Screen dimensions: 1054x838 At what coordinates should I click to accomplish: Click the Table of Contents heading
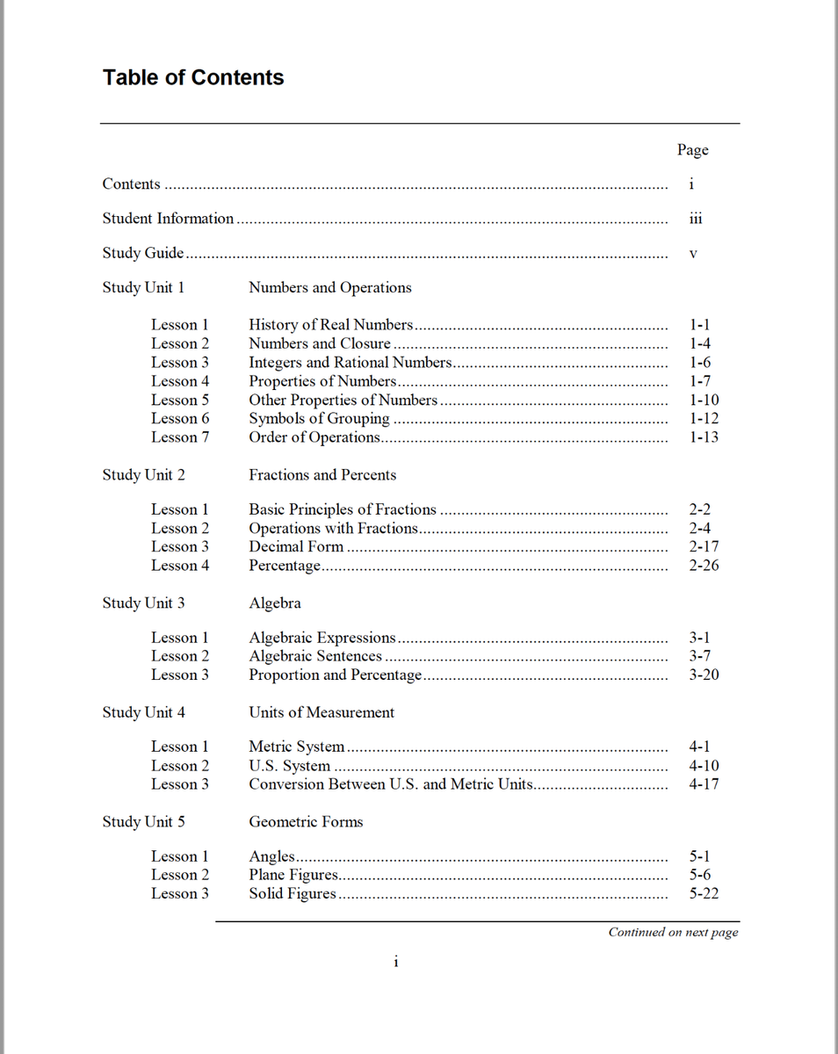click(x=193, y=77)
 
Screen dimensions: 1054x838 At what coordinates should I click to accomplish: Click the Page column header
click(x=692, y=150)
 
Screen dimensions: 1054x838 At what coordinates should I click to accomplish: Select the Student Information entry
click(x=168, y=219)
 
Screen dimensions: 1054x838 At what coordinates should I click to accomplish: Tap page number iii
click(x=696, y=219)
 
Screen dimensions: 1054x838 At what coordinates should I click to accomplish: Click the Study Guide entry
click(x=143, y=253)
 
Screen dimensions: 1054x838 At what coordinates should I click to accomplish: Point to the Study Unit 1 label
click(x=143, y=287)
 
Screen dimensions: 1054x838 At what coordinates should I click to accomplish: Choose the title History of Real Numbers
click(x=330, y=325)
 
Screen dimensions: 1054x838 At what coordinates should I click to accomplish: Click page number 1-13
click(x=704, y=437)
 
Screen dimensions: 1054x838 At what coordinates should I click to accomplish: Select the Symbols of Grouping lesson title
click(x=319, y=418)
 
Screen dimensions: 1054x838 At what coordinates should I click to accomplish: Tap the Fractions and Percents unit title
click(x=322, y=474)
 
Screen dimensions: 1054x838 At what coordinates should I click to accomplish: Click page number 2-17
click(x=704, y=546)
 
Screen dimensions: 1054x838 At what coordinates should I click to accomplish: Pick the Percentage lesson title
click(x=285, y=566)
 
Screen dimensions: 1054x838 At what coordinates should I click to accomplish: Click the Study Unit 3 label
click(x=143, y=603)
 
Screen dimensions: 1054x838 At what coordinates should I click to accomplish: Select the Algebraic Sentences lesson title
click(x=315, y=656)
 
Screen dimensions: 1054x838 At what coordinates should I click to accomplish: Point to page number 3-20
click(x=704, y=675)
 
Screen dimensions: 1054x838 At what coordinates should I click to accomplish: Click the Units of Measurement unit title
click(x=321, y=712)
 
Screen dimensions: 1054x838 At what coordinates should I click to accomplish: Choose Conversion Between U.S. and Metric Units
click(x=391, y=784)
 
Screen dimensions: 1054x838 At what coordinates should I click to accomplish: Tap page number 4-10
click(x=704, y=766)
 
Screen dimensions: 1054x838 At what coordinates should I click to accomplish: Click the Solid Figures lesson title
click(x=293, y=893)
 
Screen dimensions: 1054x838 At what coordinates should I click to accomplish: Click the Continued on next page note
click(x=673, y=932)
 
